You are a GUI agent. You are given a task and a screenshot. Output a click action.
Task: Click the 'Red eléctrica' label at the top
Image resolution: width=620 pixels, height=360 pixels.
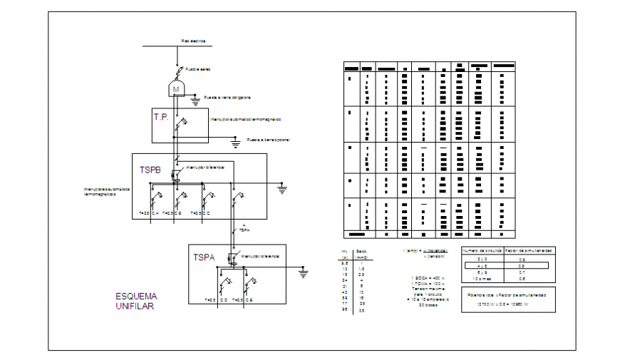193,41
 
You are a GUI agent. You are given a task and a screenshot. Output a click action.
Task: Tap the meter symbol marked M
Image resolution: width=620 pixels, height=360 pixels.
176,89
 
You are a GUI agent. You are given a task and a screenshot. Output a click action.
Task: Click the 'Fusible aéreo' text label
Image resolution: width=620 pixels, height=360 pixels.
198,69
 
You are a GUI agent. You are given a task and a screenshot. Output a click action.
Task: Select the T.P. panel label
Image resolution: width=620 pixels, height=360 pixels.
161,116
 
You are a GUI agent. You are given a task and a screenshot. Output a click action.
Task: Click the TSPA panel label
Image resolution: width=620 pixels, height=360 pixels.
205,256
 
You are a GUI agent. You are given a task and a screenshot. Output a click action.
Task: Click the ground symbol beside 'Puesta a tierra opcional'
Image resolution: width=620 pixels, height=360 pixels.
237,143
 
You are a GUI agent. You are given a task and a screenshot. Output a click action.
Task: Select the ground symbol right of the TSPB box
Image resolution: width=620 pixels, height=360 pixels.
282,190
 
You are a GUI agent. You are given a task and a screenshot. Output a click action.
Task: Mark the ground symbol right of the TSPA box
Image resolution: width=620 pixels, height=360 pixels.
303,272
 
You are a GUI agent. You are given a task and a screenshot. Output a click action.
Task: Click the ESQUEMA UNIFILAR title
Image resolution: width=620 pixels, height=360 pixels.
136,301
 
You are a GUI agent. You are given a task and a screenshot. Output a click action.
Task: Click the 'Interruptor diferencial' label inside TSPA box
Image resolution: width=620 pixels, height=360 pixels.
260,255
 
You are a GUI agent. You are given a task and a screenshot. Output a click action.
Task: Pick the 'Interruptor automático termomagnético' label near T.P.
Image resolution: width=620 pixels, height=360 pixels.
246,119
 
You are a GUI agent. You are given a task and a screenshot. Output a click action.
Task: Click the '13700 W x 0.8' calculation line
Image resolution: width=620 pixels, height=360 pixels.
508,304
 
